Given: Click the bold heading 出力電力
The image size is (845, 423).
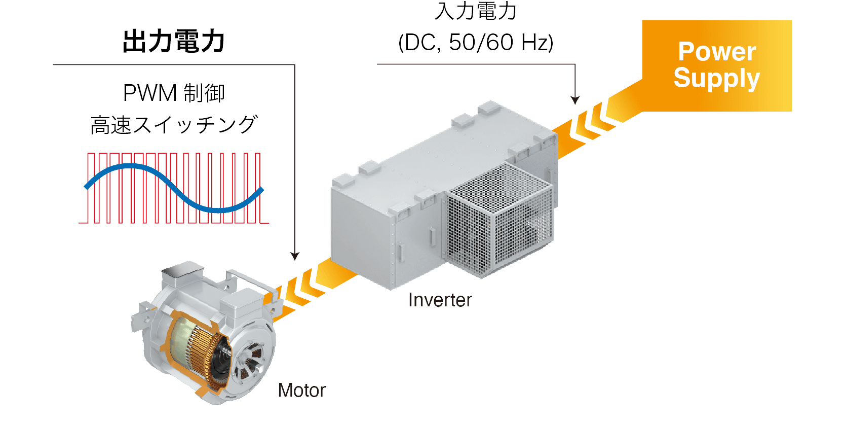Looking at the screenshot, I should click(173, 41).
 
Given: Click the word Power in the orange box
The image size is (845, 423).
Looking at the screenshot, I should click(716, 51).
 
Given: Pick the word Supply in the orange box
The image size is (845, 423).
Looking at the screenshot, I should click(716, 78).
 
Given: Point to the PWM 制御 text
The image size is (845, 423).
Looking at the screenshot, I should click(173, 93).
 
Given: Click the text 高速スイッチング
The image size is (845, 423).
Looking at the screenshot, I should click(173, 125).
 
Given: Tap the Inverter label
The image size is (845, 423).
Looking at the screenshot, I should click(440, 300).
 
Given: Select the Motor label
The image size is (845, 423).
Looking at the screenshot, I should click(301, 391).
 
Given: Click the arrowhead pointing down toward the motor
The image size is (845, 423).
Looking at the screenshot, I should click(295, 256).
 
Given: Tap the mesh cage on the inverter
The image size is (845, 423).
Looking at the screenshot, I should click(499, 218).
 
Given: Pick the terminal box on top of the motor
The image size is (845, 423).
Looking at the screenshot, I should click(182, 276).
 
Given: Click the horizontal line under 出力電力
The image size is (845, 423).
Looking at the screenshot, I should click(172, 65).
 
